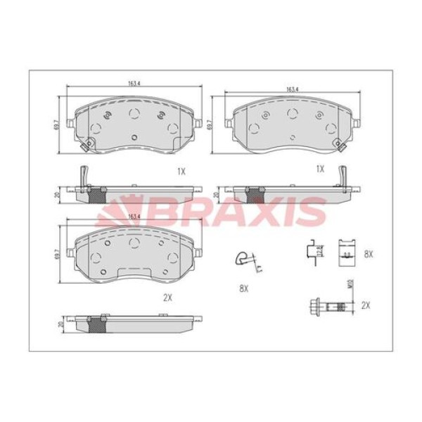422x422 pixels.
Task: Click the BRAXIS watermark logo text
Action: [211, 209]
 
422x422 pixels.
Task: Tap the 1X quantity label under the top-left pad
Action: [181, 170]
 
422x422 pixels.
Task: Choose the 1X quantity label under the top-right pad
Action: [320, 169]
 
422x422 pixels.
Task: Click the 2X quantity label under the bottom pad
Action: [167, 298]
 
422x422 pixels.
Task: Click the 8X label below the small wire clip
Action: [244, 288]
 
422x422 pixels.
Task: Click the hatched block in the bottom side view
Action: [98, 324]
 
